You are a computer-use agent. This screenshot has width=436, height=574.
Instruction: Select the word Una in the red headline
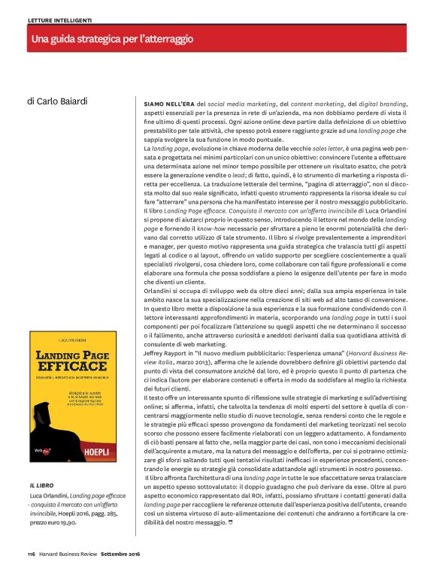39,38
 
